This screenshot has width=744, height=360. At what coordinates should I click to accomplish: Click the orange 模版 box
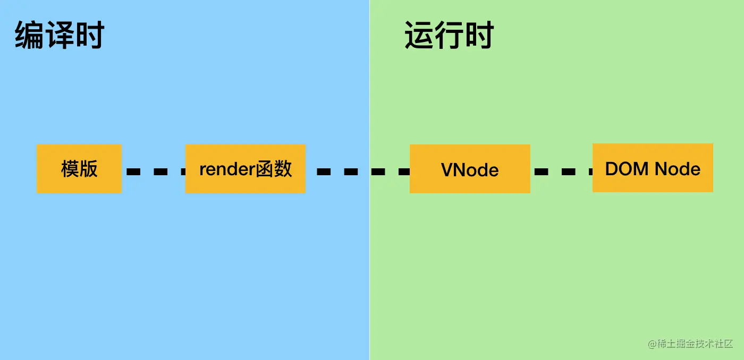pyautogui.click(x=79, y=169)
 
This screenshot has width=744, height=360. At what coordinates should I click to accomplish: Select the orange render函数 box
pyautogui.click(x=246, y=169)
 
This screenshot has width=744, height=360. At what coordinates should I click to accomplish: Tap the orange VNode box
pyautogui.click(x=470, y=169)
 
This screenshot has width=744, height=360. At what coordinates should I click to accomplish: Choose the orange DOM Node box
pyautogui.click(x=653, y=168)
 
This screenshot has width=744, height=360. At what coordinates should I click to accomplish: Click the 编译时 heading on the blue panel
pyautogui.click(x=59, y=36)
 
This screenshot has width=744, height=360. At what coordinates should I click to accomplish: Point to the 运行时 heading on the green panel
pyautogui.click(x=450, y=36)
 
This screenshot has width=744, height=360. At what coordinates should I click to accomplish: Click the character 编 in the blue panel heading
pyautogui.click(x=30, y=36)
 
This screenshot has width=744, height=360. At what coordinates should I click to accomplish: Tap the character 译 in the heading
pyautogui.click(x=59, y=36)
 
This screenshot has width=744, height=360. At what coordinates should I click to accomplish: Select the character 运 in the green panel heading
pyautogui.click(x=420, y=36)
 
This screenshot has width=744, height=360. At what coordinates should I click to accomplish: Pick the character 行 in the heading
pyautogui.click(x=450, y=36)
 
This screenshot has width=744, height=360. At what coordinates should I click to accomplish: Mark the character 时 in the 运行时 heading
pyautogui.click(x=479, y=36)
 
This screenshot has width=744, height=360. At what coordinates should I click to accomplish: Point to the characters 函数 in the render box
pyautogui.click(x=274, y=169)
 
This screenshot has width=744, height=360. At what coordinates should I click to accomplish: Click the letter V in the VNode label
pyautogui.click(x=446, y=170)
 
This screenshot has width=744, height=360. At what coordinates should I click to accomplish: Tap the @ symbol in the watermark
pyautogui.click(x=653, y=344)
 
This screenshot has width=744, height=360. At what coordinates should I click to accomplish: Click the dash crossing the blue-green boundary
pyautogui.click(x=378, y=172)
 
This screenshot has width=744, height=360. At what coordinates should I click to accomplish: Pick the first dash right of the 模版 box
pyautogui.click(x=133, y=172)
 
